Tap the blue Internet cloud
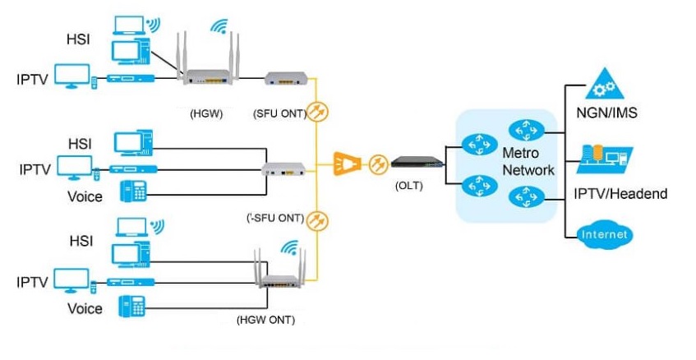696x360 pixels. click(606, 234)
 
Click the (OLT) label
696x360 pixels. click(408, 186)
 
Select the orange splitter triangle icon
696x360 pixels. click(346, 164)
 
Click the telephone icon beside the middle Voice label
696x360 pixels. click(133, 192)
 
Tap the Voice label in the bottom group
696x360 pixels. click(85, 309)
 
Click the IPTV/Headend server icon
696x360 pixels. click(604, 159)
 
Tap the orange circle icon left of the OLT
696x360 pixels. click(377, 164)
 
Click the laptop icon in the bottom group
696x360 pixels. click(131, 226)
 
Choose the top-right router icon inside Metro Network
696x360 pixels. click(522, 130)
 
